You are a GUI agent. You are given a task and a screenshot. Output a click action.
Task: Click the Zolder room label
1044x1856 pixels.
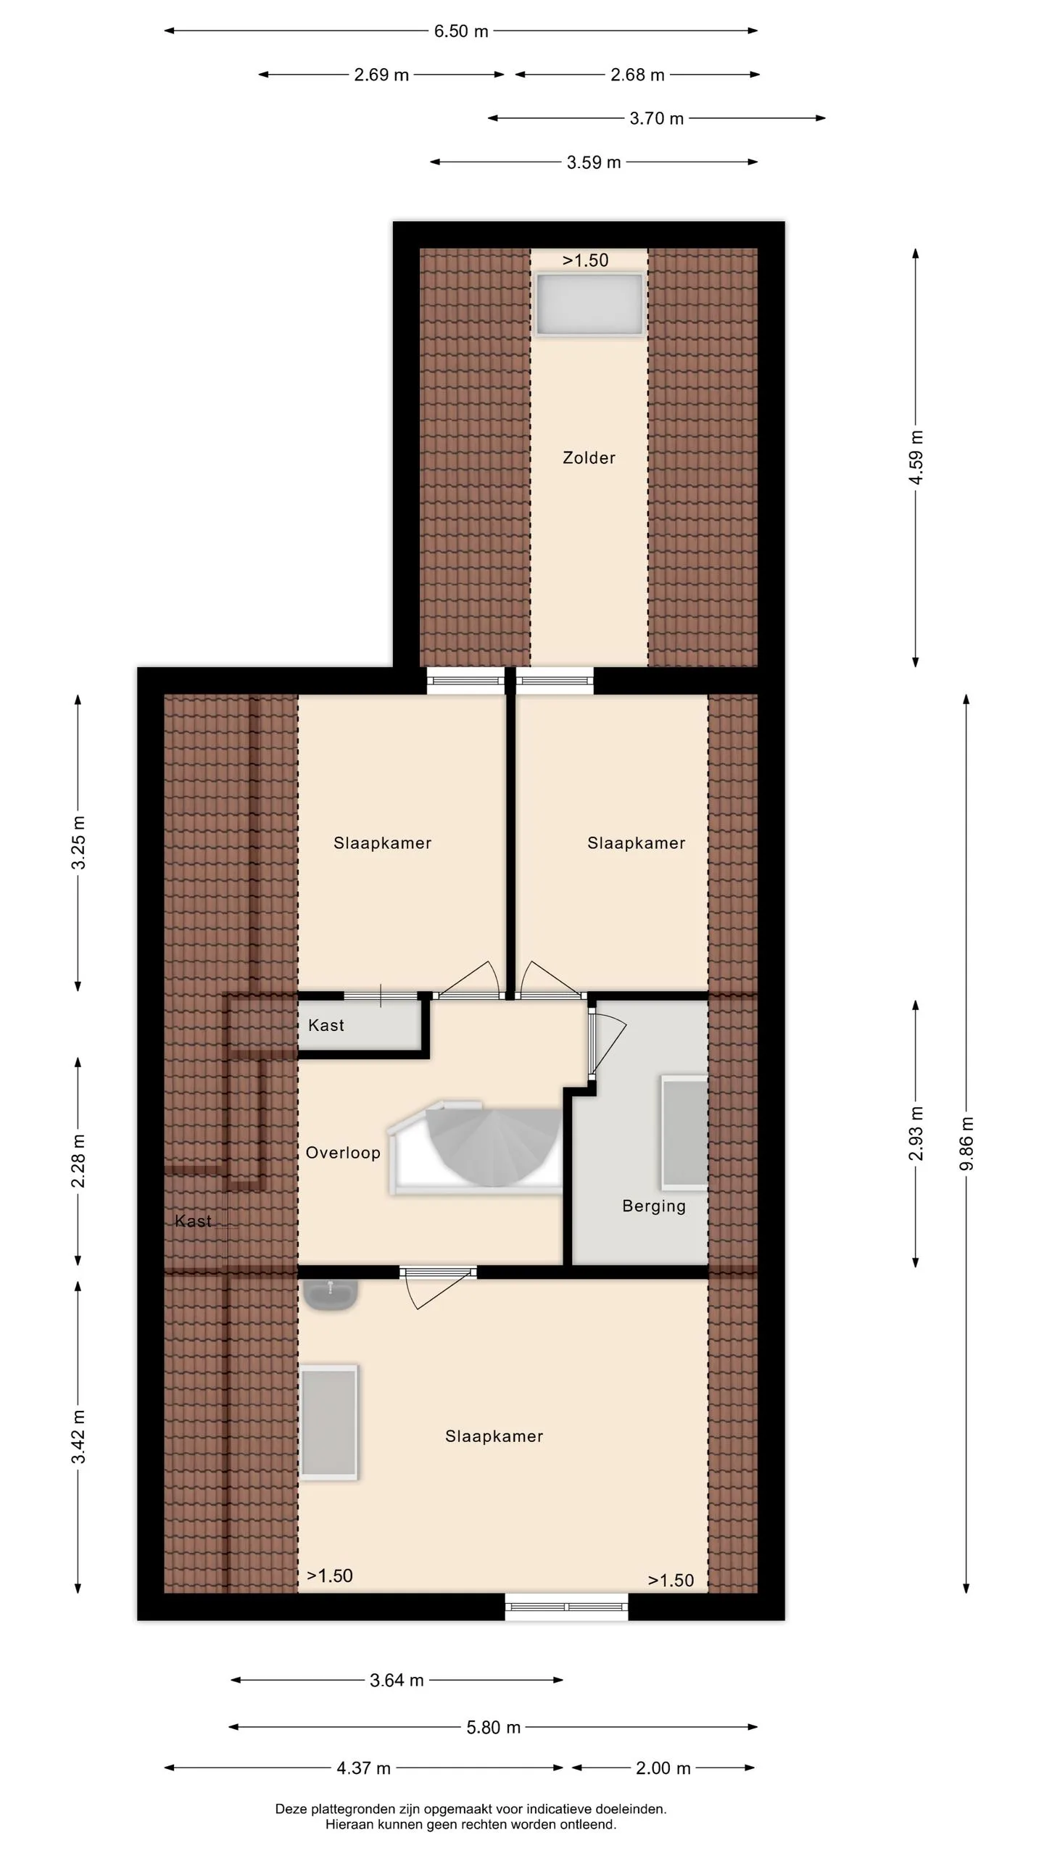tap(589, 457)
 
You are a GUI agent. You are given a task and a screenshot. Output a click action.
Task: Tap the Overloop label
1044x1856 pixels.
tap(343, 1153)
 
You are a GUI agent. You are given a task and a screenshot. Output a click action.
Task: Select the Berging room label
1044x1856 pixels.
tap(654, 1206)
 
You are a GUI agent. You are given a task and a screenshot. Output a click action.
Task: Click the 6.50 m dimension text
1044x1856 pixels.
tap(461, 31)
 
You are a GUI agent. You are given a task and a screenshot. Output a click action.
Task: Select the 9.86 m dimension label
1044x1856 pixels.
tap(966, 1143)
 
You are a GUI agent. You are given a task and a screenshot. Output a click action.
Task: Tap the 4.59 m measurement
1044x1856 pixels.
tap(916, 458)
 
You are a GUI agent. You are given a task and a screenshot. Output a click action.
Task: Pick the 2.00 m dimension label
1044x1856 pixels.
tap(663, 1768)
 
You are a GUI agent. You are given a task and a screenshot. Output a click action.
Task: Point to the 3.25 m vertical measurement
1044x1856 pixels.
tap(78, 842)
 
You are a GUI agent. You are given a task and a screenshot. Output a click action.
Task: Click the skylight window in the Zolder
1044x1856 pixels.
tap(589, 304)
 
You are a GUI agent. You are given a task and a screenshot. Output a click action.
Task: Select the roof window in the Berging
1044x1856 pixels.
tap(684, 1132)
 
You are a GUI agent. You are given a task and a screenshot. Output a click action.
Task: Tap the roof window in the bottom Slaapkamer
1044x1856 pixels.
tap(329, 1422)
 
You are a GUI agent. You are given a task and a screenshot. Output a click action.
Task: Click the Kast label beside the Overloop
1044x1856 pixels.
tap(326, 1025)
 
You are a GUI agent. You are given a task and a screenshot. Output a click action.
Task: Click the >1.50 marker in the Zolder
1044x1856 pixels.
tap(586, 260)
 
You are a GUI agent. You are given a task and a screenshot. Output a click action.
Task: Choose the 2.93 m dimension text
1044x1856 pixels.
tap(916, 1133)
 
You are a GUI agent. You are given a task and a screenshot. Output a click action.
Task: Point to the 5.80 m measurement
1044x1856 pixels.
tap(494, 1728)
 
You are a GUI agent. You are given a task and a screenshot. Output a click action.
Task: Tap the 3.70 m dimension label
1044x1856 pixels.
tap(657, 119)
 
